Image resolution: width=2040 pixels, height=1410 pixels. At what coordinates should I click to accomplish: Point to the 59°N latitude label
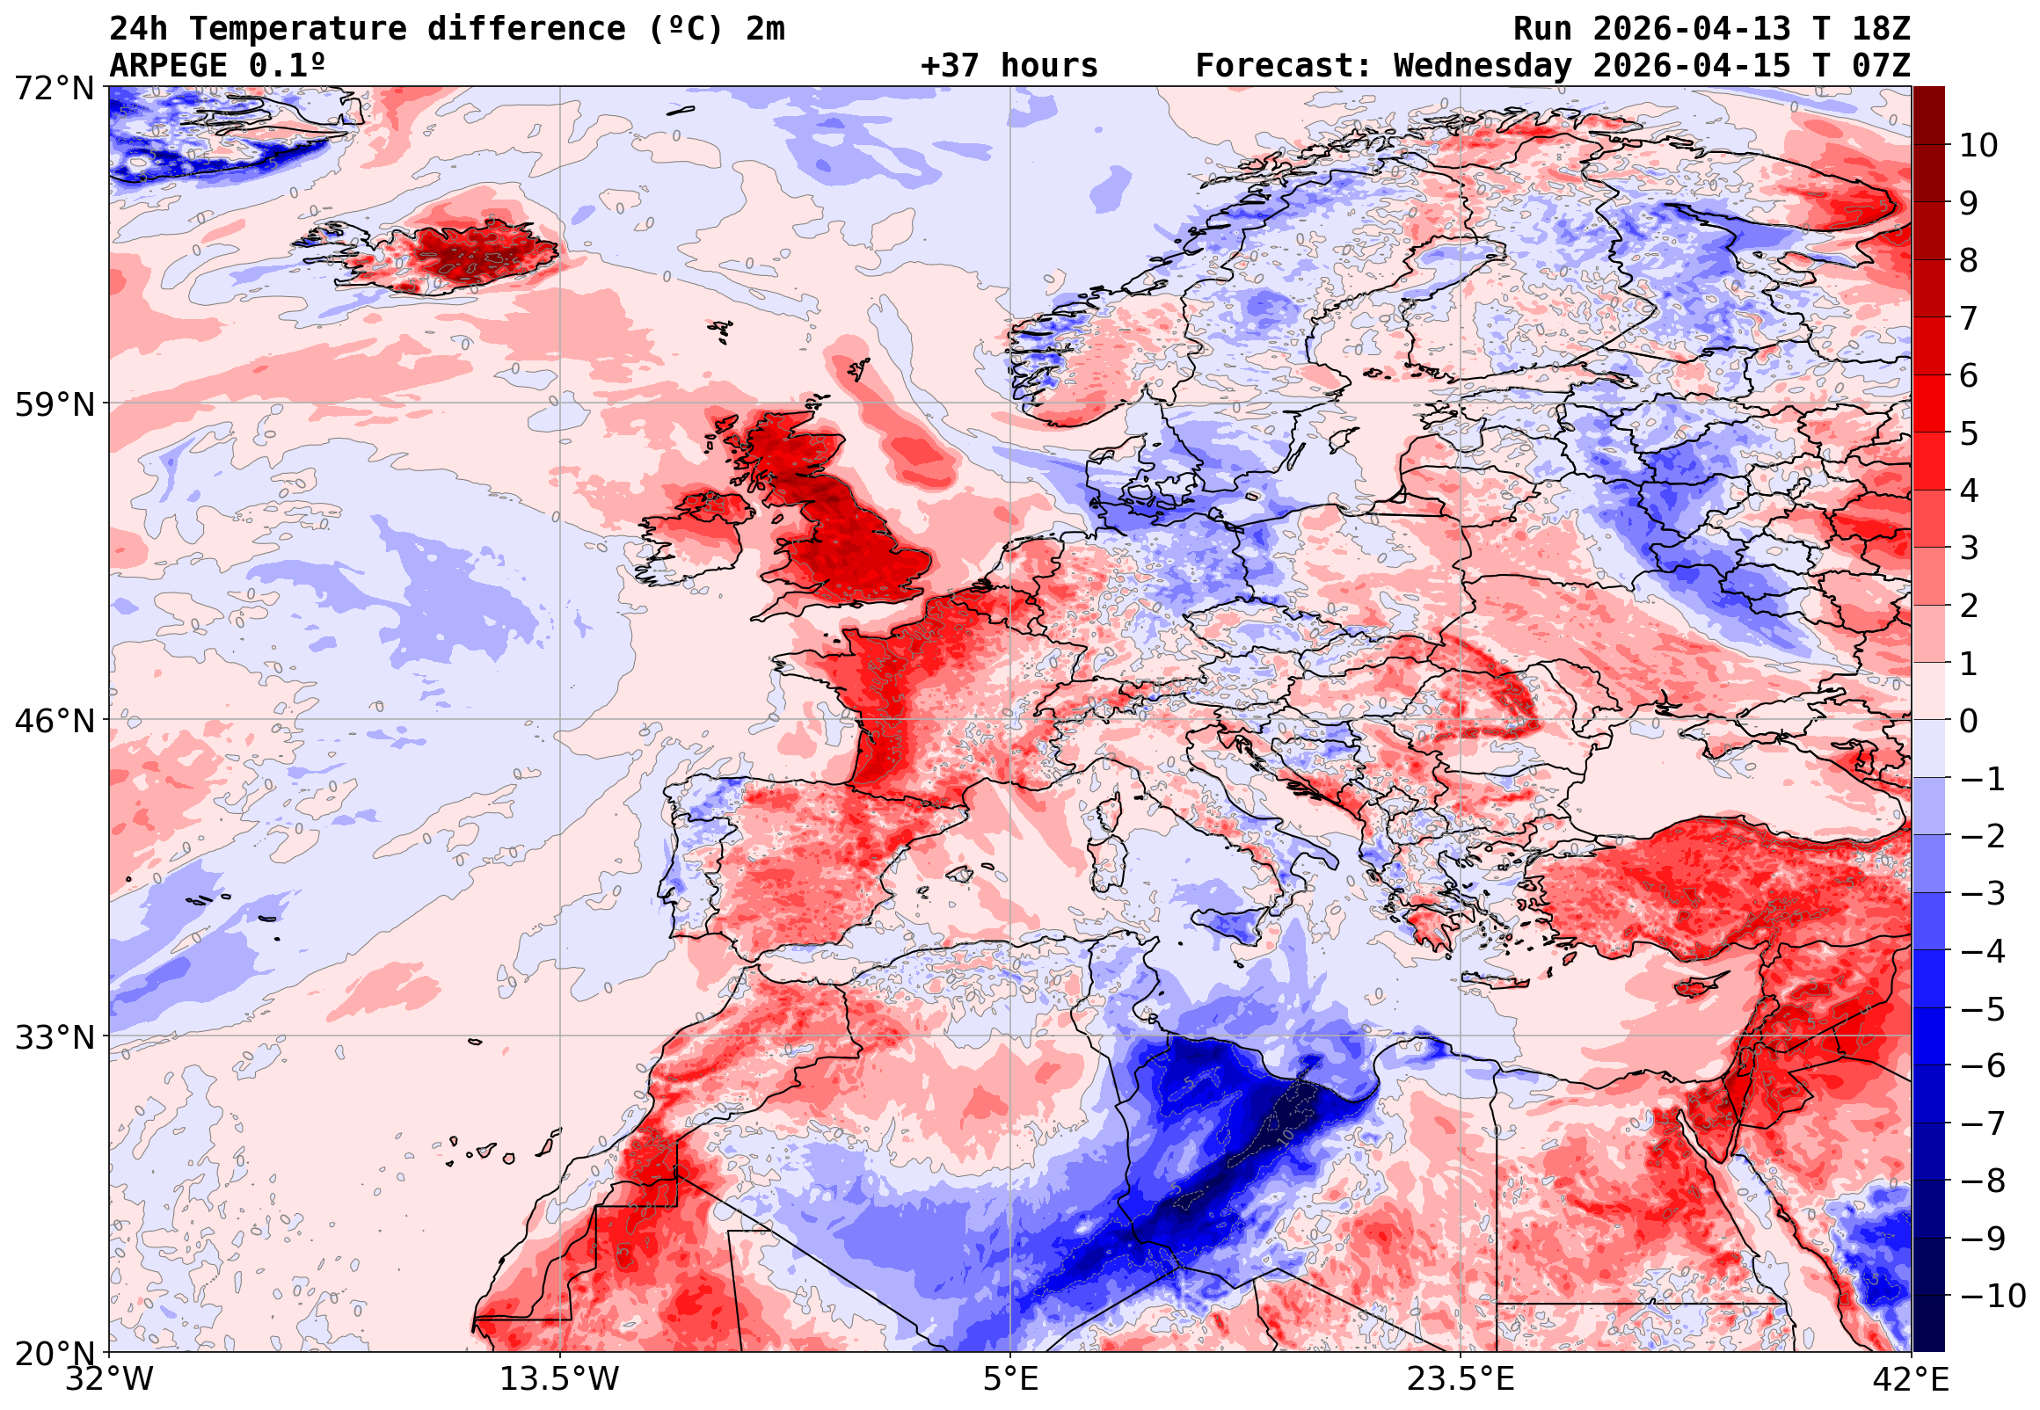coord(54,404)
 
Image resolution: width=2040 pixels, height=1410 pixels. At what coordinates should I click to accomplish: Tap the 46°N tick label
coord(54,721)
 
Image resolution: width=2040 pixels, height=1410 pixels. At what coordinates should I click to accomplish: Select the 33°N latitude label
coord(54,1037)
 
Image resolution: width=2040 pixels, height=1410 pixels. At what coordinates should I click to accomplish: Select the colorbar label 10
coord(1978,145)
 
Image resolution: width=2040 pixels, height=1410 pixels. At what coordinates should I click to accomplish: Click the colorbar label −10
coord(1992,1296)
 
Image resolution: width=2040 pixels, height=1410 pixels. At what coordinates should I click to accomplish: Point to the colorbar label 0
coord(1969,721)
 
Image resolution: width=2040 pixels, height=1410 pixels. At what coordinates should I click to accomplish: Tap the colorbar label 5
coord(1969,433)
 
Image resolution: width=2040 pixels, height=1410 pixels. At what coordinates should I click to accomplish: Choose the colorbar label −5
coord(1982,1009)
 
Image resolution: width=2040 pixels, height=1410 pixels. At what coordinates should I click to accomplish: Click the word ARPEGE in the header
coord(168,66)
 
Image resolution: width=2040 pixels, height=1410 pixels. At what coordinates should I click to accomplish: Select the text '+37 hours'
coord(1009,66)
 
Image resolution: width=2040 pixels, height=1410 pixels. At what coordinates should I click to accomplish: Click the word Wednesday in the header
coord(1483,66)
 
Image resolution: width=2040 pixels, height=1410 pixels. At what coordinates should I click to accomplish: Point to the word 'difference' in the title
coord(526,29)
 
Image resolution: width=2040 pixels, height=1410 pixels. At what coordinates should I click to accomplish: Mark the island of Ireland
coord(698,539)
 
